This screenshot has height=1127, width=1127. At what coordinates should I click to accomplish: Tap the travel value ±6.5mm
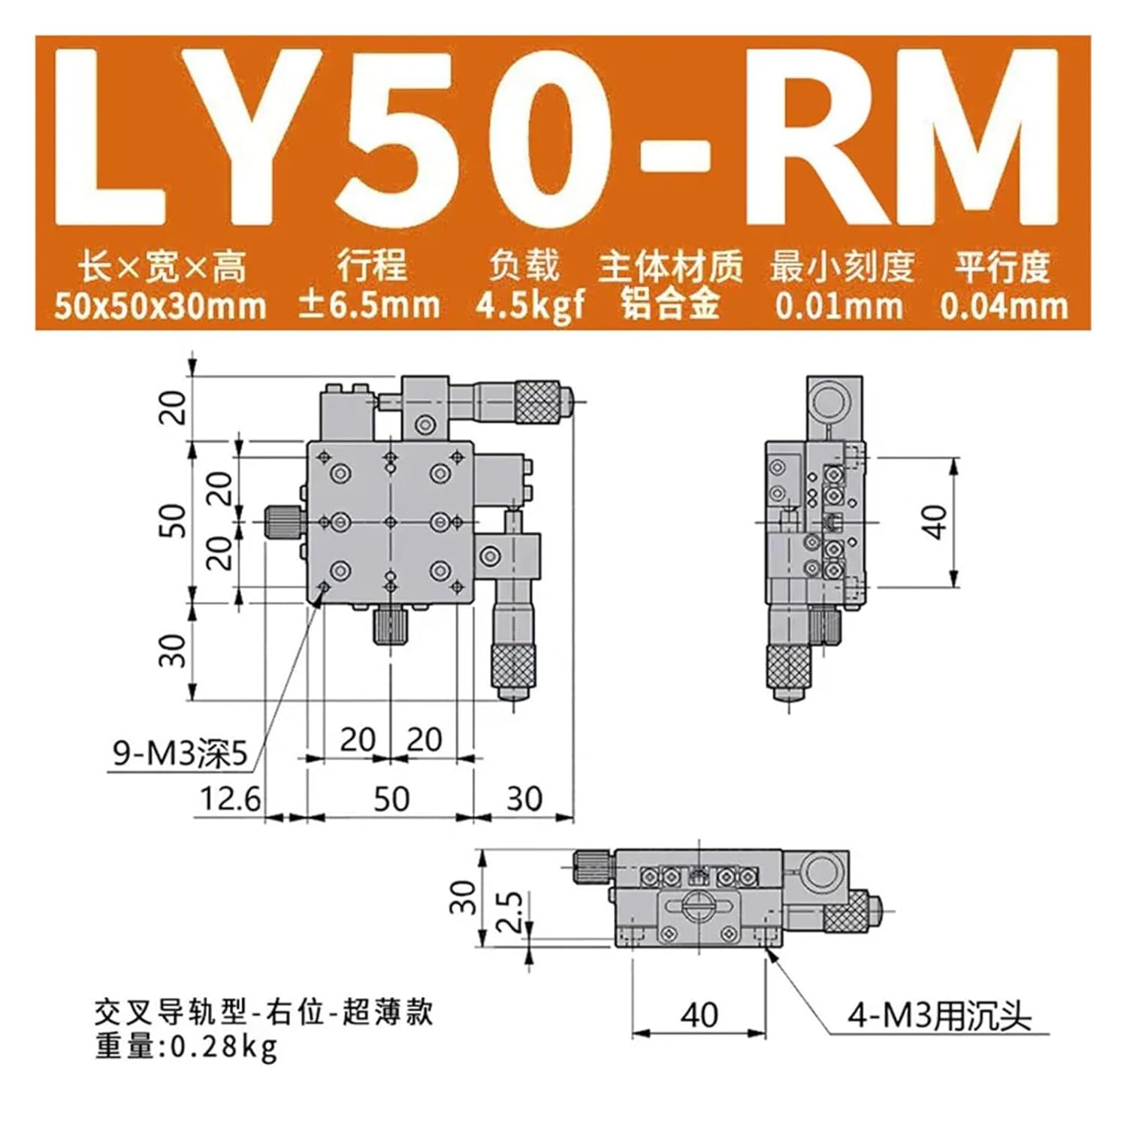coord(369,305)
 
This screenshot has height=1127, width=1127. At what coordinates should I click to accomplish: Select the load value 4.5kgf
coord(530,305)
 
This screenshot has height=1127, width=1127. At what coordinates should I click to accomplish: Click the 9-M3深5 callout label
coord(180,754)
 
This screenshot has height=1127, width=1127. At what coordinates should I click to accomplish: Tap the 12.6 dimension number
coord(230,799)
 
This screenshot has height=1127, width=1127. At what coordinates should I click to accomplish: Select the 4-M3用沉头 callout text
coord(939,1017)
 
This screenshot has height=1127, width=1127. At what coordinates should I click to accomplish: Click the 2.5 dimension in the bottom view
coord(510,911)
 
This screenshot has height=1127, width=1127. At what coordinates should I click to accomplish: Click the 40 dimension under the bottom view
coord(699,1015)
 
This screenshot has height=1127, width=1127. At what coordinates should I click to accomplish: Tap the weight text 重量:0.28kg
coord(186,1047)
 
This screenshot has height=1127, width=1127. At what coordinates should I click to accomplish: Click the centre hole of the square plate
coord(390,521)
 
